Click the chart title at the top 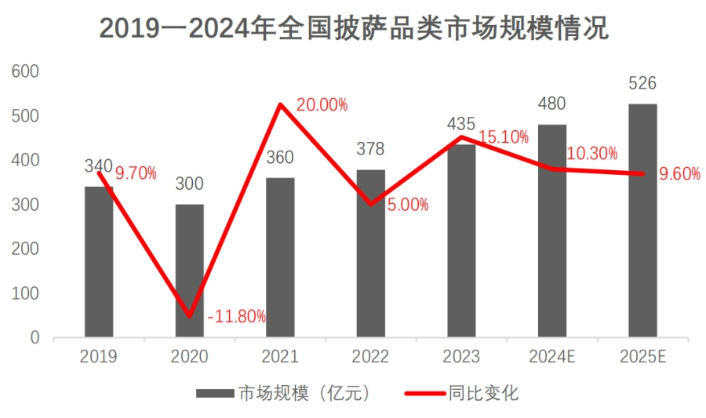[x=353, y=30]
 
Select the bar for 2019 [x=99, y=262]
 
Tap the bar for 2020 [x=189, y=271]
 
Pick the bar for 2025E [x=642, y=220]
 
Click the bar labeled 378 [x=370, y=253]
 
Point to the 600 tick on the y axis [x=25, y=71]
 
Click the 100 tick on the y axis [x=25, y=293]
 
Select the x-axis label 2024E [x=551, y=357]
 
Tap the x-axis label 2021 [x=280, y=357]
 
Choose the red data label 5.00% [x=408, y=205]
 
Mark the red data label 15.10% [x=503, y=137]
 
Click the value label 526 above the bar [x=642, y=84]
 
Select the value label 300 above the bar [x=189, y=184]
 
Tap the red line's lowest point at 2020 [x=189, y=316]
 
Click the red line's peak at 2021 [x=280, y=104]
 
